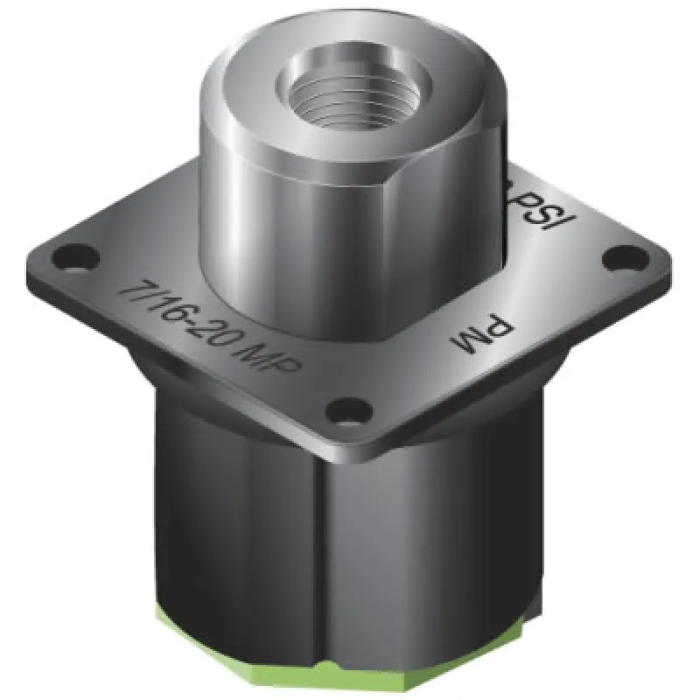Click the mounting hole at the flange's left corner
coord(64,257)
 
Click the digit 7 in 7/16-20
coord(134,288)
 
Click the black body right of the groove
coord(420,542)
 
